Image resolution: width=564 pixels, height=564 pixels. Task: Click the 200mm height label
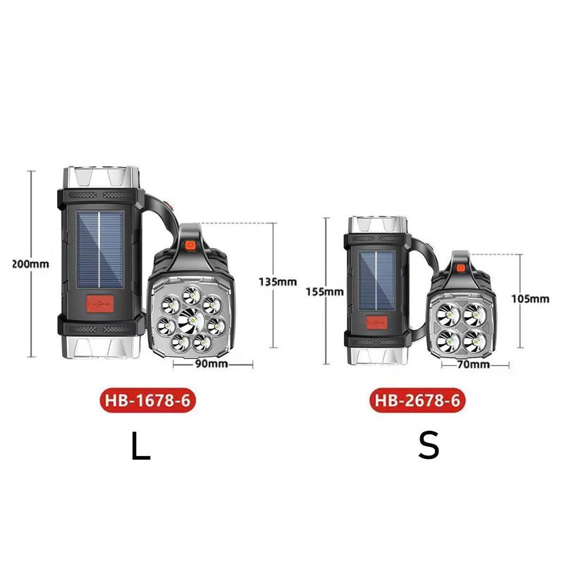coord(30,264)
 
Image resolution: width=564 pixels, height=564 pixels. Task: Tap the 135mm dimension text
coord(278,281)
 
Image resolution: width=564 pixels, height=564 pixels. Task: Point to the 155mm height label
coord(325,291)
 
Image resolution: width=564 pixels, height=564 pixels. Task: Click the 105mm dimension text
coord(531,298)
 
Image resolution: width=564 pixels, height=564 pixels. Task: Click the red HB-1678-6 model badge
coord(148,400)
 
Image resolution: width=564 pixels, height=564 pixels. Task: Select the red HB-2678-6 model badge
coord(417,400)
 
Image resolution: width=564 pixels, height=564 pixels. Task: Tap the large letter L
coord(140,446)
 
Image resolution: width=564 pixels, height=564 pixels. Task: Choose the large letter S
coord(429,446)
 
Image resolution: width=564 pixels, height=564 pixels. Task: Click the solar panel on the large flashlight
coord(100,250)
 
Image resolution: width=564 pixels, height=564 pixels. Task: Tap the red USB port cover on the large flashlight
coord(100,304)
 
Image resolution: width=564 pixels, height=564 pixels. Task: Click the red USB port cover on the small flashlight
coord(376,322)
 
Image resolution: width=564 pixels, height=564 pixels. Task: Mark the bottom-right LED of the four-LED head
coord(474,341)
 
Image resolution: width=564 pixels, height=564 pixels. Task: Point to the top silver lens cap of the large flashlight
coord(100,178)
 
